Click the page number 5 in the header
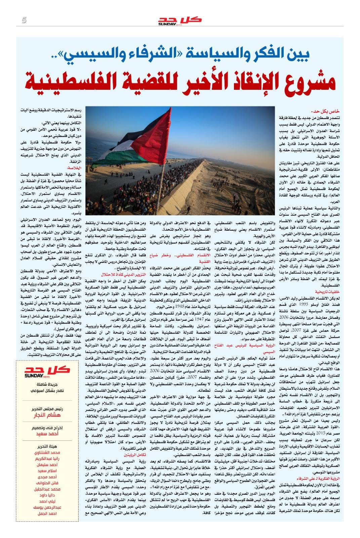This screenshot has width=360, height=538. pos(24,20)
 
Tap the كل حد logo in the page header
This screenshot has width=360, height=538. pos(180,20)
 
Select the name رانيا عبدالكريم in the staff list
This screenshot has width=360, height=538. pos(47,459)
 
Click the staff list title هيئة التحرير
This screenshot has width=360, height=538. pos(47,447)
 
